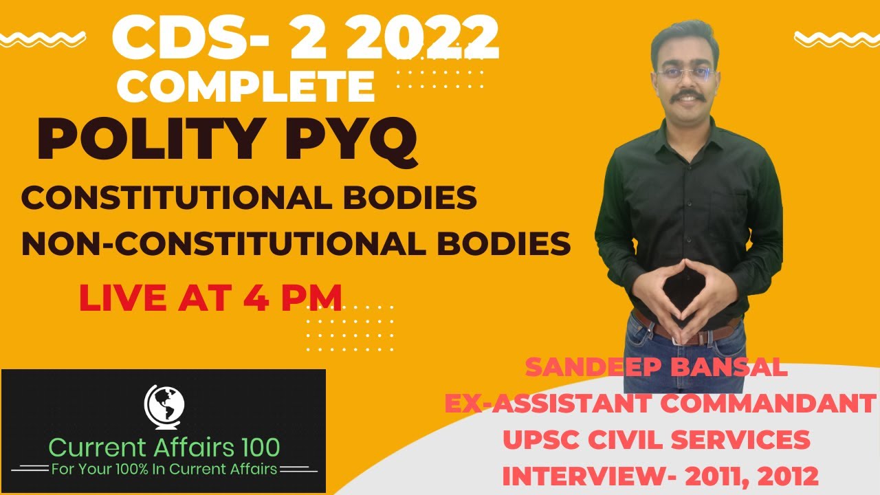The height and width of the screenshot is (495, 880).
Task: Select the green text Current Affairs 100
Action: tap(164, 447)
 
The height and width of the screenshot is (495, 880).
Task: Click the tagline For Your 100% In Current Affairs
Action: tap(164, 470)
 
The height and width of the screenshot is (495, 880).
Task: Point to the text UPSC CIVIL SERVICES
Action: tap(657, 439)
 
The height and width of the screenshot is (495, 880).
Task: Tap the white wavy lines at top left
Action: tap(45, 36)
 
